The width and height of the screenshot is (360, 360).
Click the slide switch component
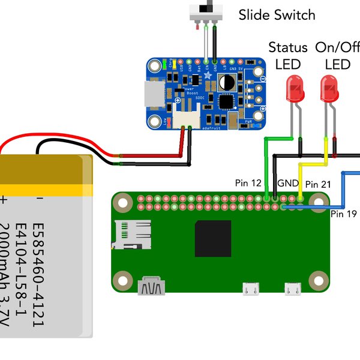click(206, 13)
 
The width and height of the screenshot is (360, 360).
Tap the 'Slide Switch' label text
click(277, 14)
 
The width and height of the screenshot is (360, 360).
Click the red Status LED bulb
click(294, 89)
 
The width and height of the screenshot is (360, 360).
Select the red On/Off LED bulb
click(328, 89)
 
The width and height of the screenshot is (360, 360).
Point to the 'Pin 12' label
click(247, 182)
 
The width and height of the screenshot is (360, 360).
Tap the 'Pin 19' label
click(344, 213)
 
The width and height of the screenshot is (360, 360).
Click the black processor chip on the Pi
click(212, 238)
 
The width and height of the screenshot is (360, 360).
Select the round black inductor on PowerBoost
click(227, 82)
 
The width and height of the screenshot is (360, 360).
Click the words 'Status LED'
click(287, 55)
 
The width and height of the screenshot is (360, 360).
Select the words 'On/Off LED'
click(337, 55)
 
